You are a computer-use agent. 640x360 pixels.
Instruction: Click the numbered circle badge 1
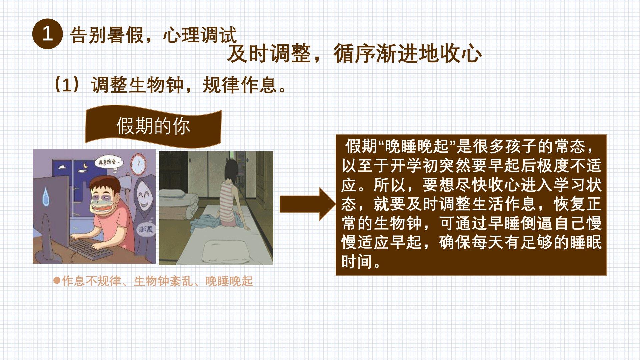pos(47,34)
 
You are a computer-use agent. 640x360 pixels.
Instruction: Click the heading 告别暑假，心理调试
pos(153,35)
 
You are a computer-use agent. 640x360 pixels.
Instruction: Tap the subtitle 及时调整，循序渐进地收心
pos(354,53)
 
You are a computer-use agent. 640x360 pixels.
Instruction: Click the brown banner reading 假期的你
pos(153,126)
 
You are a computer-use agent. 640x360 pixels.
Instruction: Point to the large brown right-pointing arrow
pos(307,204)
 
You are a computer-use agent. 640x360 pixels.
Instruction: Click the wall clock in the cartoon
pos(138,164)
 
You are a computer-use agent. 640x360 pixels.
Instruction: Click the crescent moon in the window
pos(85,165)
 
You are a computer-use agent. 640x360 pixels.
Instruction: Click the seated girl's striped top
pos(227,202)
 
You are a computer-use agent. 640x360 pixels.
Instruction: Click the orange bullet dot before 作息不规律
pos(57,280)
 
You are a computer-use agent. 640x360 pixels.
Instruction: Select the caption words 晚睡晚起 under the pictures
pos(229,281)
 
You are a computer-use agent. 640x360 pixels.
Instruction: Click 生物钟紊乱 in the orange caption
pos(163,281)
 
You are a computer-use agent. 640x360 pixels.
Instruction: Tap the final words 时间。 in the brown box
pos(361,261)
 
